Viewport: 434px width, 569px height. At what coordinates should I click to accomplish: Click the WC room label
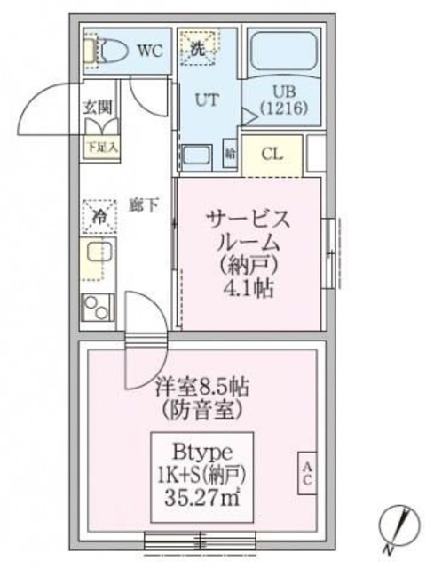pyautogui.click(x=148, y=51)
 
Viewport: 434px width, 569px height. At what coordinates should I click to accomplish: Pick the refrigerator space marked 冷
pyautogui.click(x=99, y=214)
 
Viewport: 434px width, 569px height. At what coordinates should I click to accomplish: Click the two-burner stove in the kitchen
pyautogui.click(x=97, y=308)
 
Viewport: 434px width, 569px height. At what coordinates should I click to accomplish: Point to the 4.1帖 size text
pyautogui.click(x=249, y=289)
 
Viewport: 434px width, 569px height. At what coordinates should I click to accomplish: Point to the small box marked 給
pyautogui.click(x=230, y=153)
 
